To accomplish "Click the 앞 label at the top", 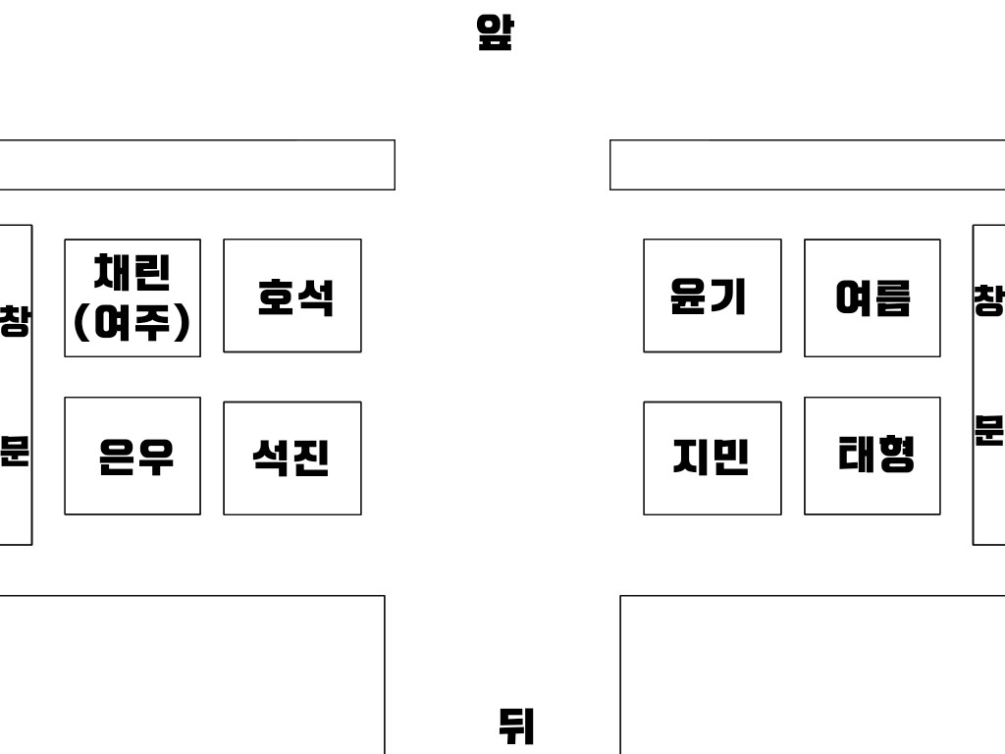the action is pyautogui.click(x=495, y=32).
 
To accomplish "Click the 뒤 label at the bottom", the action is pyautogui.click(x=516, y=726).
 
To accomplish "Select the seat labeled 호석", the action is pyautogui.click(x=292, y=296).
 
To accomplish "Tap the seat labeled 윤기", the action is pyautogui.click(x=713, y=296).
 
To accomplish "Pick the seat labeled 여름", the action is pyautogui.click(x=873, y=297).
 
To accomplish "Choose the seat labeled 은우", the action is pyautogui.click(x=132, y=456).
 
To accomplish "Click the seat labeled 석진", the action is pyautogui.click(x=292, y=458).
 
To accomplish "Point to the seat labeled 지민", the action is pyautogui.click(x=713, y=458).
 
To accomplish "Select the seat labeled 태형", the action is pyautogui.click(x=873, y=456).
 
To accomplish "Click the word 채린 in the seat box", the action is pyautogui.click(x=132, y=272).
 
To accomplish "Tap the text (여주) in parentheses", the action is pyautogui.click(x=132, y=322).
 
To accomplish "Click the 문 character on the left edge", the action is pyautogui.click(x=14, y=450).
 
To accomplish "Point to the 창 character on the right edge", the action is pyautogui.click(x=989, y=300).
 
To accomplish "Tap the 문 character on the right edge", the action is pyautogui.click(x=989, y=430).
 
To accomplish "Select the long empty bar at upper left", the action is pyautogui.click(x=197, y=165).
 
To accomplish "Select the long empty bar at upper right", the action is pyautogui.click(x=807, y=165).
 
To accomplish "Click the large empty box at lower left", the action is pyautogui.click(x=192, y=674).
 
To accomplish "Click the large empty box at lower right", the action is pyautogui.click(x=812, y=674).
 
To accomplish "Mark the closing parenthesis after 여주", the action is pyautogui.click(x=183, y=322).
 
